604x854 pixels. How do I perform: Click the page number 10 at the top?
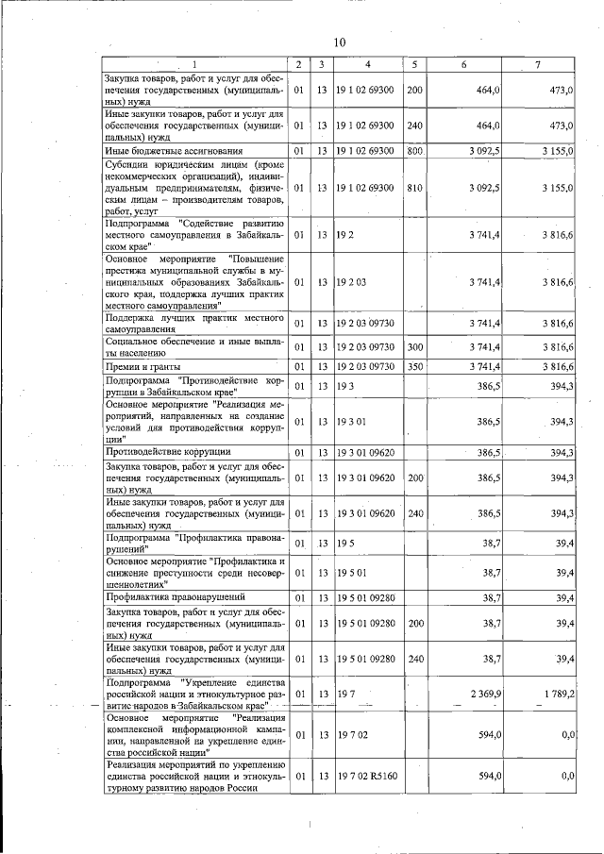(x=340, y=42)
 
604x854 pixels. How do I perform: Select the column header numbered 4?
(x=367, y=64)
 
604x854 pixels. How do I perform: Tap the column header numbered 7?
(x=537, y=64)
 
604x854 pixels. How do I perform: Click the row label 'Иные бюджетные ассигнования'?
(x=161, y=150)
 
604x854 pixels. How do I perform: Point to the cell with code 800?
(x=413, y=150)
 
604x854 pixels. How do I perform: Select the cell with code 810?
(x=413, y=188)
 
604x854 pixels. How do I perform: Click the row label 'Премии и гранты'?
(x=143, y=365)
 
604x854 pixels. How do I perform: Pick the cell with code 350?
(x=413, y=365)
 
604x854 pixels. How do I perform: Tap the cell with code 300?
(x=413, y=347)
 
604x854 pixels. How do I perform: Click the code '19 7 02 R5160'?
(x=368, y=775)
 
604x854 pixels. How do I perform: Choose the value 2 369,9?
(x=483, y=694)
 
